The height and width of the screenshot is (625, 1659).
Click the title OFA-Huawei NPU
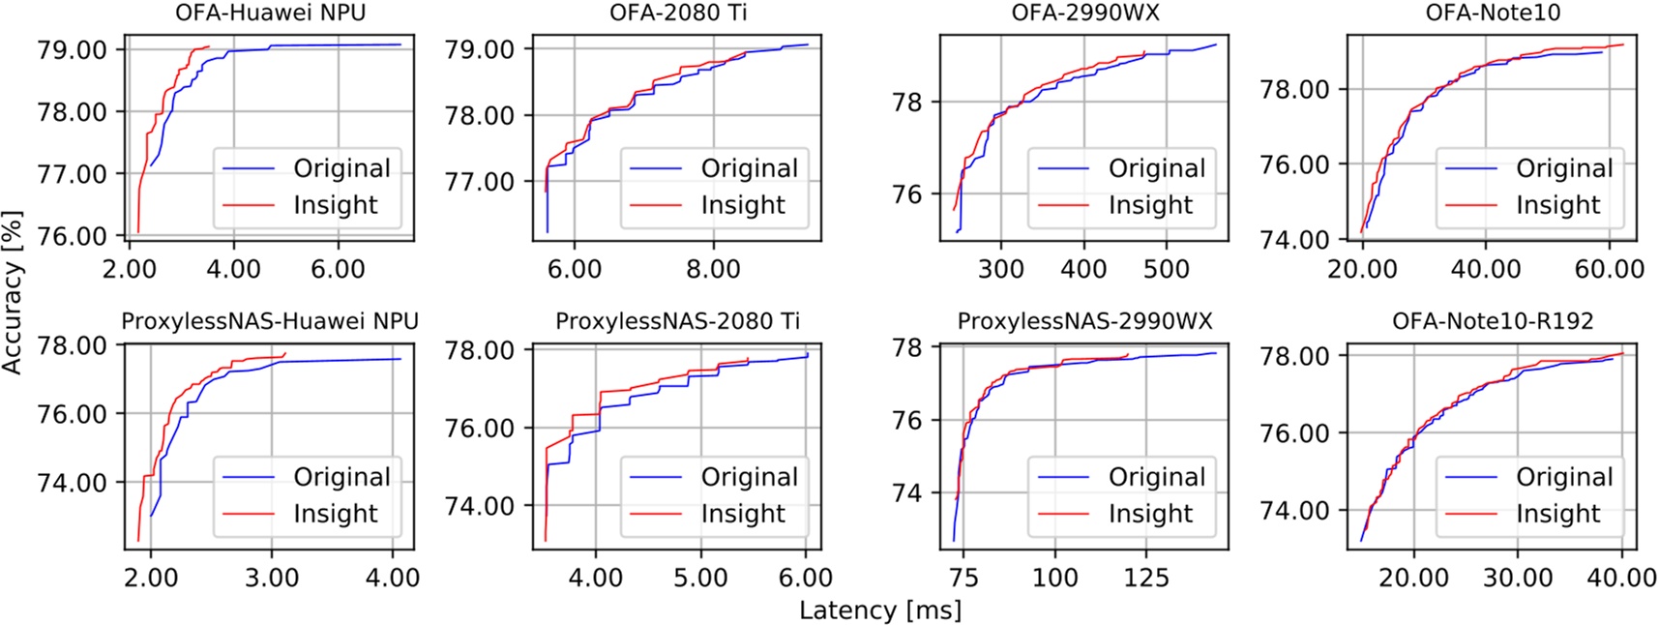pos(270,14)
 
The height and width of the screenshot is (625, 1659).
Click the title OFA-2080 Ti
pos(678,14)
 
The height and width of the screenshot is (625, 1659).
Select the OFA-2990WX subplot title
pos(1084,14)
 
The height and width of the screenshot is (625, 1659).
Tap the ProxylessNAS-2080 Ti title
pos(677,321)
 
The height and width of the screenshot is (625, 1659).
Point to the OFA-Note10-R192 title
pos(1493,321)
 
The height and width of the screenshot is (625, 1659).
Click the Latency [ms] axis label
pos(880,610)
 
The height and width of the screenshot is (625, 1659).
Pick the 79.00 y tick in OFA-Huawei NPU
pos(72,49)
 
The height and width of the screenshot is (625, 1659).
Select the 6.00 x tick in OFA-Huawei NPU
pos(338,268)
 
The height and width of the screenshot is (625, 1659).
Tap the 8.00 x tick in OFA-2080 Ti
pos(713,268)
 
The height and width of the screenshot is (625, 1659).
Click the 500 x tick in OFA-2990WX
pos(1167,268)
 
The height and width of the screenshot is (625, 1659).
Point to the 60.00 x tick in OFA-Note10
pos(1609,268)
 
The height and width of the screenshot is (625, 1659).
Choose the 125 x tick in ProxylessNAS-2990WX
pos(1146,578)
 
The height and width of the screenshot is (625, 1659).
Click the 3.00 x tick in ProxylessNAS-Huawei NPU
pos(272,578)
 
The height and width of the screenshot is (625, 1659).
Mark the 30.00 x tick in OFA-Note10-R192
pos(1518,578)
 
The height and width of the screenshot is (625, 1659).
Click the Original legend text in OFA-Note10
pos(1564,168)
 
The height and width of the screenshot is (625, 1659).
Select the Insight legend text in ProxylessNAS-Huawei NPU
pos(336,514)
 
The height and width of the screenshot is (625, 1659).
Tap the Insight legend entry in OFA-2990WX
pos(1150,205)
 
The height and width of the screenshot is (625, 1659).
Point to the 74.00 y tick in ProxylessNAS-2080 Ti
pos(480,506)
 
